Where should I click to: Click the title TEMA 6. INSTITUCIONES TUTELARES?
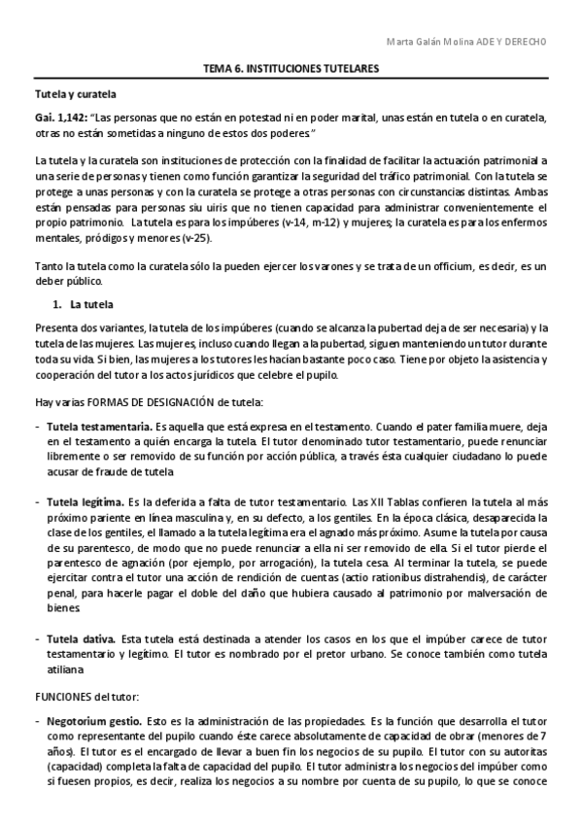pos(291,70)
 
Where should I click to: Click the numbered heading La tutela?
pos(87,304)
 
